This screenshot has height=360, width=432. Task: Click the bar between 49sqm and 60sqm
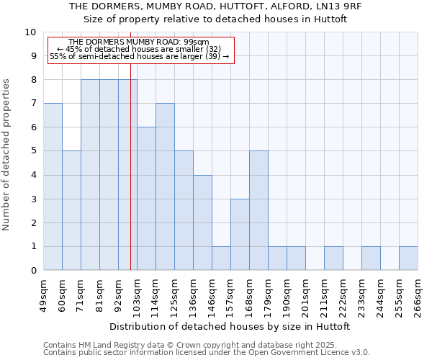[x=53, y=187]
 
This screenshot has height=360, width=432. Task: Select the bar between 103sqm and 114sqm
[x=146, y=199]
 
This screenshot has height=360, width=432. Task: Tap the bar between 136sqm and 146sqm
[x=202, y=222]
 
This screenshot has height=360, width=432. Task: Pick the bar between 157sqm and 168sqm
[x=240, y=235]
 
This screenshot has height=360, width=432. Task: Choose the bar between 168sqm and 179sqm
[x=258, y=211]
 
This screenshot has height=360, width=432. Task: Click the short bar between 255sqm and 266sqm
[x=408, y=258]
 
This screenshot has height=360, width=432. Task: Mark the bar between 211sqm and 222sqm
[x=333, y=258]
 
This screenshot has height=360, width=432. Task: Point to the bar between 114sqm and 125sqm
[x=165, y=187]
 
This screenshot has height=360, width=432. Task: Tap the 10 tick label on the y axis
[x=30, y=32]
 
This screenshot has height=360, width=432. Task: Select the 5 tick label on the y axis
[x=32, y=151]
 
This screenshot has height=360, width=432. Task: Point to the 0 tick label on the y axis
[x=32, y=271]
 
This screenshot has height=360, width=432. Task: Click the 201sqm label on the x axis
[x=305, y=295]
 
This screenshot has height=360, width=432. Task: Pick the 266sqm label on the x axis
[x=418, y=295]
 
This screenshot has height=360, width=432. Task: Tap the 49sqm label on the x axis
[x=43, y=295]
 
